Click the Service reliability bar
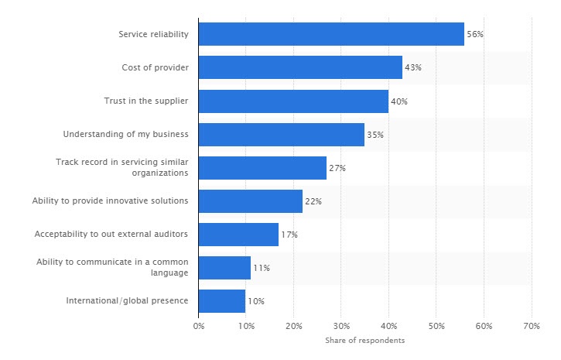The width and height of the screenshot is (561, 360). point(331,34)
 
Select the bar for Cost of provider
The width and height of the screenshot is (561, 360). point(300,67)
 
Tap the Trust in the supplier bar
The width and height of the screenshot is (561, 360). point(293,101)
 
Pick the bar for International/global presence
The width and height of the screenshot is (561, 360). point(222,301)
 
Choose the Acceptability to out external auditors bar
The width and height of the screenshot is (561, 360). point(238,235)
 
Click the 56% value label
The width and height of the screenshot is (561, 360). point(474,35)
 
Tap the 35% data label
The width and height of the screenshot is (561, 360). point(375,135)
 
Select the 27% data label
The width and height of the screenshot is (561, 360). point(337,168)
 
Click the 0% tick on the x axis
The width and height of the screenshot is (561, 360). point(199,327)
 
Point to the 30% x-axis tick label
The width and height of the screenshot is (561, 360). point(341,327)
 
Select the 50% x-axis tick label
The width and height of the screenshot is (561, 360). point(436,327)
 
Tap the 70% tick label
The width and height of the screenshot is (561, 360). point(531,327)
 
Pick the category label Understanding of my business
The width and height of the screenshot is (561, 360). point(126,135)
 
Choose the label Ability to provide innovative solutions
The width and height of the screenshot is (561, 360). point(111,201)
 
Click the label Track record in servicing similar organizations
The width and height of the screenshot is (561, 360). point(122,167)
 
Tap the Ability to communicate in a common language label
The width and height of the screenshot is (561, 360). point(112,268)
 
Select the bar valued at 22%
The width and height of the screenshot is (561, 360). point(251,201)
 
